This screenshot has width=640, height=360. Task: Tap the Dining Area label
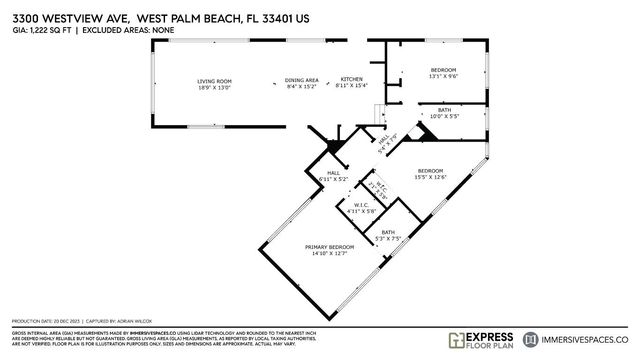pos(302,80)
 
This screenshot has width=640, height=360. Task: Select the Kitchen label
pos(353,79)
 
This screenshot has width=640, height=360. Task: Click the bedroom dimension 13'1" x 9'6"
pos(436,76)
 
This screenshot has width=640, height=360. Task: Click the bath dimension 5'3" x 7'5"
pos(387,239)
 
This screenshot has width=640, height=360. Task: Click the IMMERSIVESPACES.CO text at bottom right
pos(591,339)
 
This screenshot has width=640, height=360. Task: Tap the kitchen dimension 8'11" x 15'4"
pos(353,87)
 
